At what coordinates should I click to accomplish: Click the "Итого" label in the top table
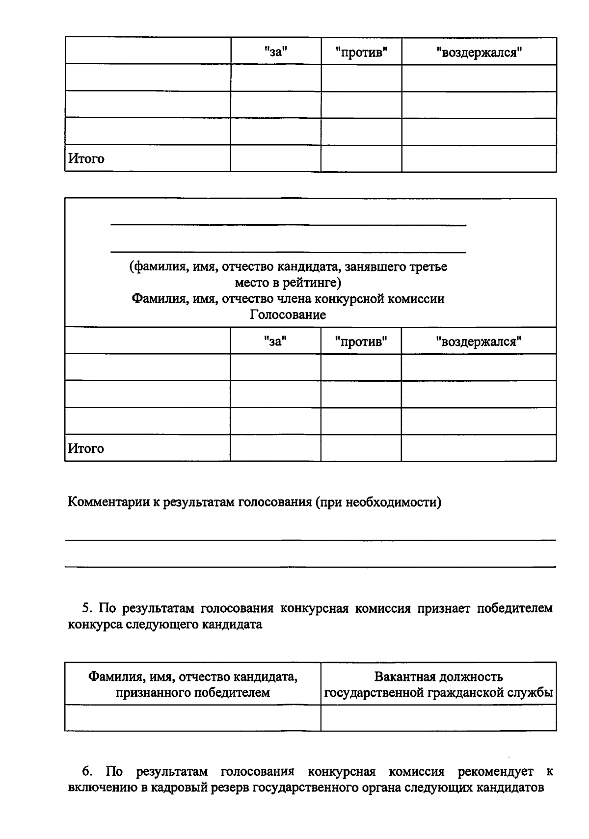(x=86, y=158)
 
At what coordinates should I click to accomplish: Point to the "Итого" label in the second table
(x=86, y=448)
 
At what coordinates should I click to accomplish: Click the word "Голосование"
(x=288, y=315)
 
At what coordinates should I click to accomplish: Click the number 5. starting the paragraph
(x=87, y=608)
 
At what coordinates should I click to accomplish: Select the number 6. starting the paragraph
(x=87, y=772)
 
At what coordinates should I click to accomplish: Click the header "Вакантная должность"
(x=438, y=677)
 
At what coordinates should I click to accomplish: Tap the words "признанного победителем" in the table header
(x=192, y=693)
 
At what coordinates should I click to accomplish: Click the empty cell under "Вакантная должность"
(x=438, y=718)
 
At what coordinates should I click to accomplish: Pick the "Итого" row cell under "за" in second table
(x=275, y=448)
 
